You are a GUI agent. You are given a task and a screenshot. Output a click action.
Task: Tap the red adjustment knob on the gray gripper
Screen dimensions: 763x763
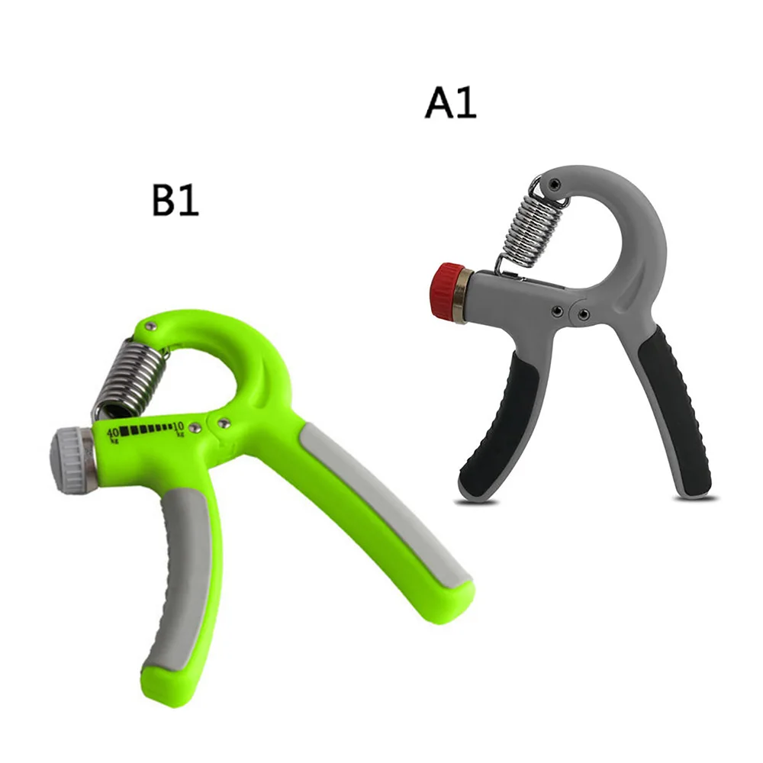click(x=443, y=291)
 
